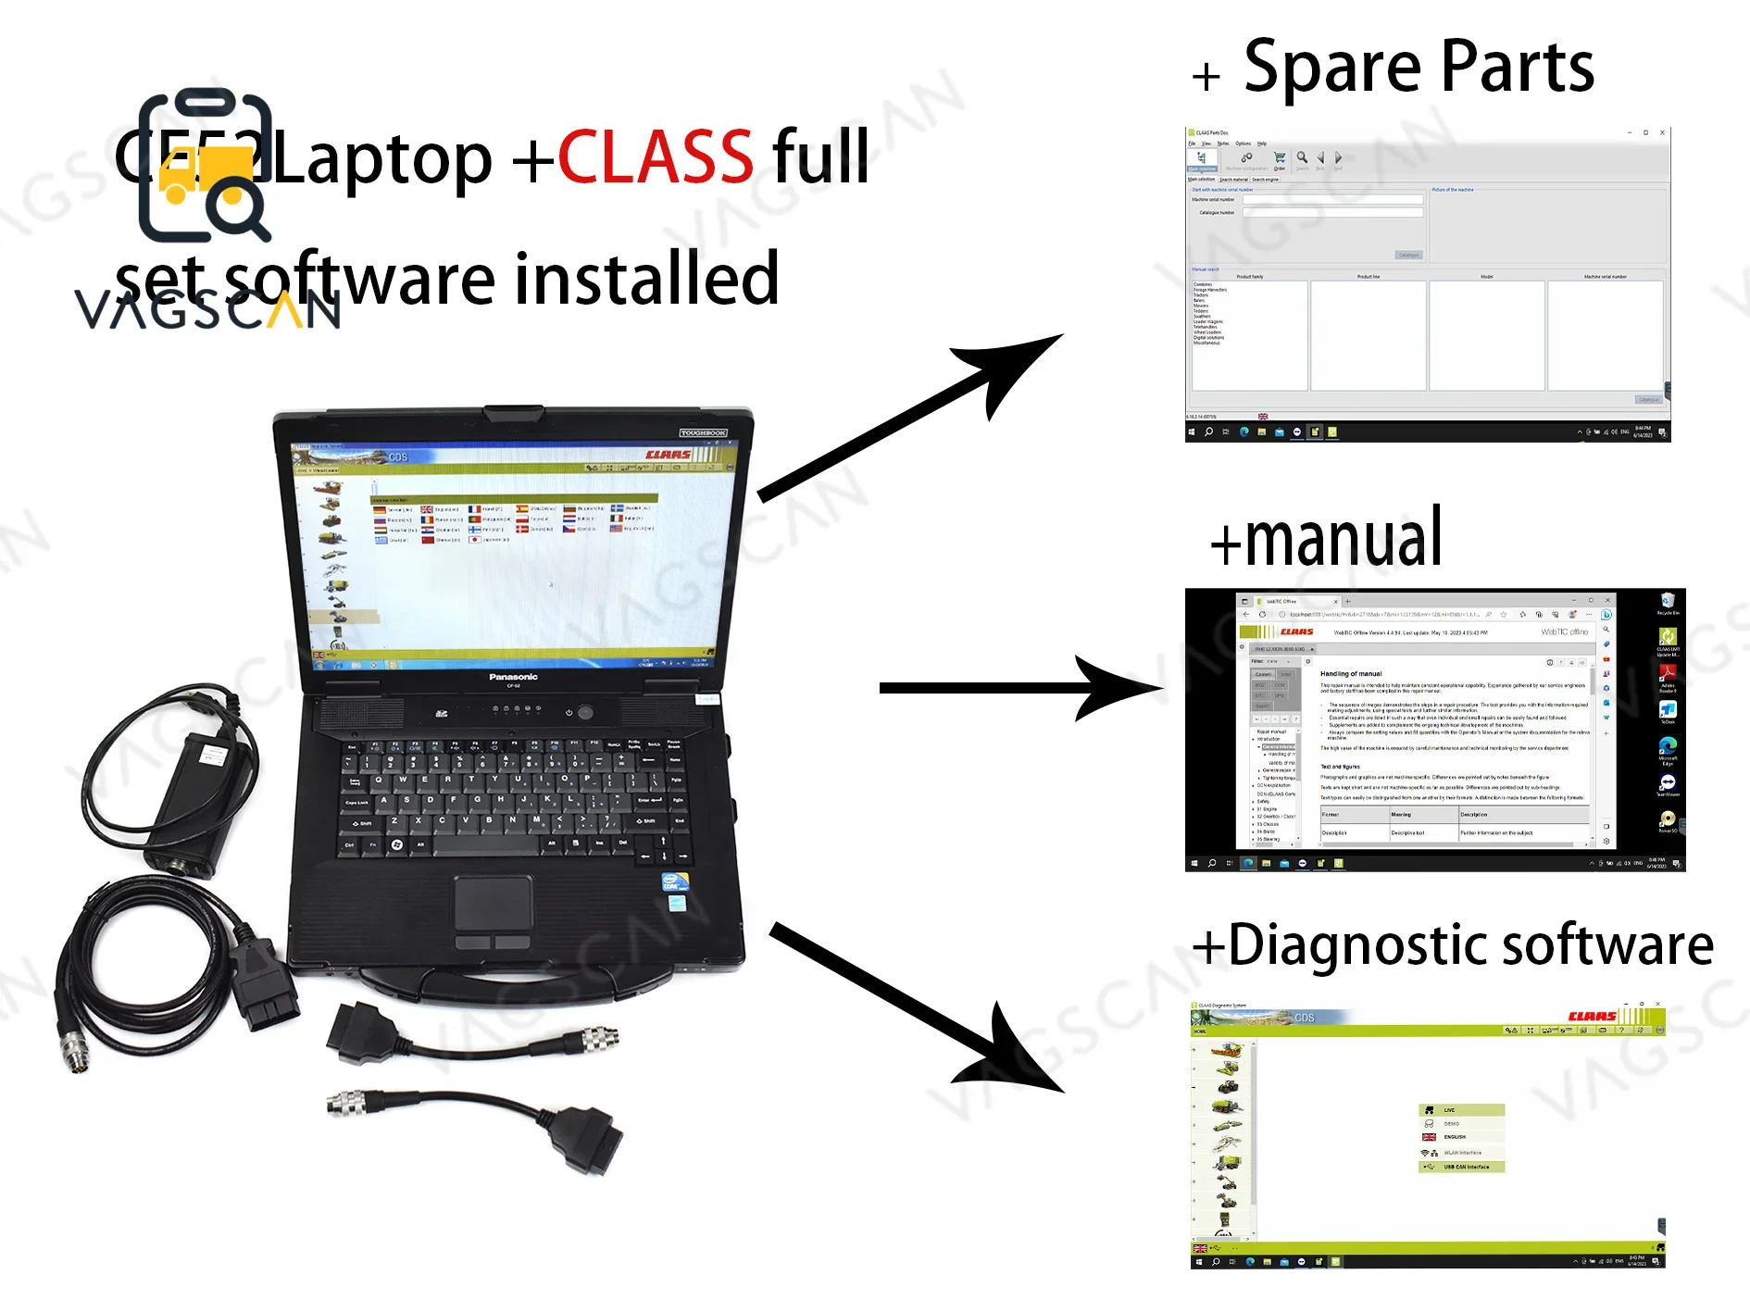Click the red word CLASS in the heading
coord(655,157)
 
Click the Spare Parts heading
coord(1418,68)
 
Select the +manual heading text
coord(1327,540)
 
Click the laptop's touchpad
coord(493,903)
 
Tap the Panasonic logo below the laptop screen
coord(513,677)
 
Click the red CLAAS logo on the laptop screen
coord(668,455)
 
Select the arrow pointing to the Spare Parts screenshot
coord(912,418)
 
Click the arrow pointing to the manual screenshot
coord(1019,688)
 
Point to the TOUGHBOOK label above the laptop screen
coord(703,432)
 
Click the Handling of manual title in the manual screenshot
coord(1350,673)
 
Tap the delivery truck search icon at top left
coord(206,167)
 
